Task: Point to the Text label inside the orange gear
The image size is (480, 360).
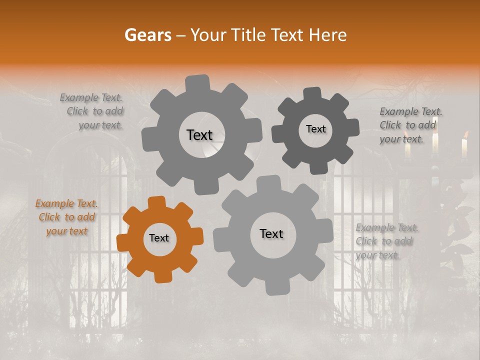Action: coord(159,238)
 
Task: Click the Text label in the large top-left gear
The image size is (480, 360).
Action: coord(199,135)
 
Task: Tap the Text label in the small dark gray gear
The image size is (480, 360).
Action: coord(315,129)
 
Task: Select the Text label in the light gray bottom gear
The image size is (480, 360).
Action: coord(271,234)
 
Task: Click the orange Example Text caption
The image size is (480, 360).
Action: coord(66,217)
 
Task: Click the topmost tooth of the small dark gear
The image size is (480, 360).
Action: coord(312,94)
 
